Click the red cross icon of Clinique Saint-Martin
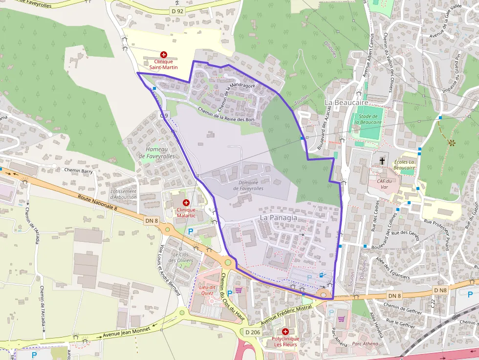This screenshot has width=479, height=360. [163, 55]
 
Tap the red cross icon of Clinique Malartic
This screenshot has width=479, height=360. [186, 203]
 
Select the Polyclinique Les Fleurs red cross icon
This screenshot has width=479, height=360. [285, 332]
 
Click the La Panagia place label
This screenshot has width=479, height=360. [278, 217]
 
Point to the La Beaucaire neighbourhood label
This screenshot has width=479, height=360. [346, 102]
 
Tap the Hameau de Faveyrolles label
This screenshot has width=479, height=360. [156, 152]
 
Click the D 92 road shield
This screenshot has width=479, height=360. [177, 10]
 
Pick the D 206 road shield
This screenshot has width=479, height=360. [253, 332]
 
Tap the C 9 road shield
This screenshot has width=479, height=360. [164, 116]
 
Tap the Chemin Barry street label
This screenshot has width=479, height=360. [78, 170]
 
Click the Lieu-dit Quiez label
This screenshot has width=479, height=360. [207, 290]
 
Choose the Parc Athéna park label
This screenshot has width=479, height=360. [365, 343]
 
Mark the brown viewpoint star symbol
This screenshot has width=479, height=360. [451, 143]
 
